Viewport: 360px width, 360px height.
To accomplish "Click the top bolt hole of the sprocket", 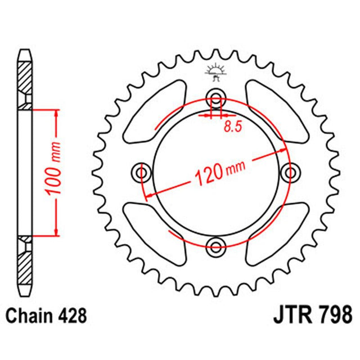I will click(216, 96).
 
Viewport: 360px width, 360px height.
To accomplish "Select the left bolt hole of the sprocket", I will click(141, 171).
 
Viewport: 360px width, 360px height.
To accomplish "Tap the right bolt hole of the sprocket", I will click(291, 171).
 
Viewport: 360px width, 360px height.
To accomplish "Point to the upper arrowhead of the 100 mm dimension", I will click(56, 112).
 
